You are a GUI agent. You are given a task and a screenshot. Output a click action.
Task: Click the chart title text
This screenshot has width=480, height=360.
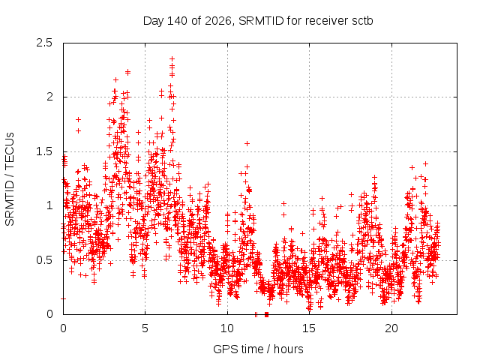pyautogui.click(x=258, y=21)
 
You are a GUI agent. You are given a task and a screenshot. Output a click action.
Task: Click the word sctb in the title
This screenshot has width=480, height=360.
pyautogui.click(x=362, y=21)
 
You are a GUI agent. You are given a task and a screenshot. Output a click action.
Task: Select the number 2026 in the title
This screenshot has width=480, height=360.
pyautogui.click(x=217, y=21)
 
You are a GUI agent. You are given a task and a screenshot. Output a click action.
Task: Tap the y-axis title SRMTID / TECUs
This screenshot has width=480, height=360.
pyautogui.click(x=10, y=179)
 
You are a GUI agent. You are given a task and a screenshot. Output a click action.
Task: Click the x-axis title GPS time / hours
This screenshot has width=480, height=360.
pyautogui.click(x=258, y=349)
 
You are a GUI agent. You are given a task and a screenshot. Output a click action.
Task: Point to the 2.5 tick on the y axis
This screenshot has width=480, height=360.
pyautogui.click(x=44, y=43)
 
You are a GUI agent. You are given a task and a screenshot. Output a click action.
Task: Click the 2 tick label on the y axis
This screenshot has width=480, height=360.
pyautogui.click(x=49, y=97)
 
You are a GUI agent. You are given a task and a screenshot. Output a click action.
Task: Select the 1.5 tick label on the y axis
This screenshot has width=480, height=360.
pyautogui.click(x=44, y=151)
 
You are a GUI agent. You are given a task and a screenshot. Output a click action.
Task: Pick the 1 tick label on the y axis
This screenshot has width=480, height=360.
pyautogui.click(x=49, y=205)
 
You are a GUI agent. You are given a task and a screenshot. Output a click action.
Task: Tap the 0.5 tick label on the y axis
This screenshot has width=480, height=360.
pyautogui.click(x=44, y=260)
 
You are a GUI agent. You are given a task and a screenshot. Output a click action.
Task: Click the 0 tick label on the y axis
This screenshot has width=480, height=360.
pyautogui.click(x=49, y=314)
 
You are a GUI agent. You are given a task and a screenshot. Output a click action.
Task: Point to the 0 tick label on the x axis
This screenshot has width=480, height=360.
pyautogui.click(x=63, y=328)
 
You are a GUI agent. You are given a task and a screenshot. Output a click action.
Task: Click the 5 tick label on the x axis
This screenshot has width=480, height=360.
pyautogui.click(x=145, y=328)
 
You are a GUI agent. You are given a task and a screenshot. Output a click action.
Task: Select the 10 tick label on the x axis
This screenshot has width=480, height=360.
pyautogui.click(x=227, y=328)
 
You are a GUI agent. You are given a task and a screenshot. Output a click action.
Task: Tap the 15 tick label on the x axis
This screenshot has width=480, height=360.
pyautogui.click(x=309, y=328)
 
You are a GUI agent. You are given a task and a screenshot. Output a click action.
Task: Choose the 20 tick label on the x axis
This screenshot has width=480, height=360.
pyautogui.click(x=391, y=328)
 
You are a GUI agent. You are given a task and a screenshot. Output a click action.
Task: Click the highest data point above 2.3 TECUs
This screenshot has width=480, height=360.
pyautogui.click(x=172, y=58)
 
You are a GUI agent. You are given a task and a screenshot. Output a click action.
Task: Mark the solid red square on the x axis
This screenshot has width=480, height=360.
pyautogui.click(x=267, y=314)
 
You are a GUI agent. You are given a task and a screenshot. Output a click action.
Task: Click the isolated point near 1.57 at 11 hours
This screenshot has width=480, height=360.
pyautogui.click(x=247, y=143)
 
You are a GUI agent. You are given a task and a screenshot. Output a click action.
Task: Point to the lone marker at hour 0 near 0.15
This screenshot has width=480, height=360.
pyautogui.click(x=63, y=298)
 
